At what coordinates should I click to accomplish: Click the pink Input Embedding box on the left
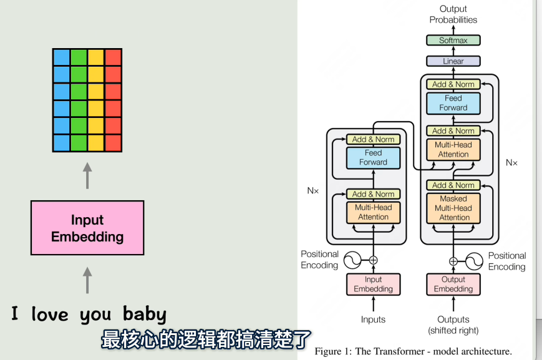87,228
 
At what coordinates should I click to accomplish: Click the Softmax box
453,41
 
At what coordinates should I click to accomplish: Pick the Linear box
453,61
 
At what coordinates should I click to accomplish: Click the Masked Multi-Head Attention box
453,208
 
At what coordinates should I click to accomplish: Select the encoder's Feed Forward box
373,157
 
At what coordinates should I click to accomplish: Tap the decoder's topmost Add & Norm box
453,84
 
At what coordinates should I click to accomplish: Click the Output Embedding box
453,284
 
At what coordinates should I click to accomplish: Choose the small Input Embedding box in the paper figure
373,284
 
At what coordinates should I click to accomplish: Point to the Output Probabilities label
453,14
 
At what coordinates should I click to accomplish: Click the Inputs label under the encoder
373,319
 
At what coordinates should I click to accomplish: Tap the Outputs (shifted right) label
453,324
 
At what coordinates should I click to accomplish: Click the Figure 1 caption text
413,351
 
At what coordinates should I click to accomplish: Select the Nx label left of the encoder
312,190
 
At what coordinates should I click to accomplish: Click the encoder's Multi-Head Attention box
373,212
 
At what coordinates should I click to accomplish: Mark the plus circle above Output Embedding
453,261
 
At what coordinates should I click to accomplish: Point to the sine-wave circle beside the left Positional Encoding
351,260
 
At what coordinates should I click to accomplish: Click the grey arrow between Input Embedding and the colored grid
87,176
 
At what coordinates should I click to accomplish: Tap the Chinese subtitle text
206,341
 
